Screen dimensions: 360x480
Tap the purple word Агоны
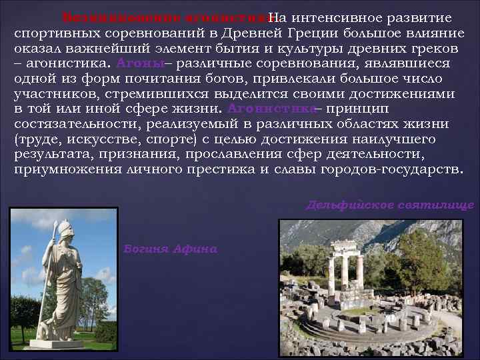(139, 63)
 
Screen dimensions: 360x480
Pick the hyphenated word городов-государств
(393, 170)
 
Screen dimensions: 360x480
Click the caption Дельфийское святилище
(389, 205)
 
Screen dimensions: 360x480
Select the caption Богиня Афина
(171, 249)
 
